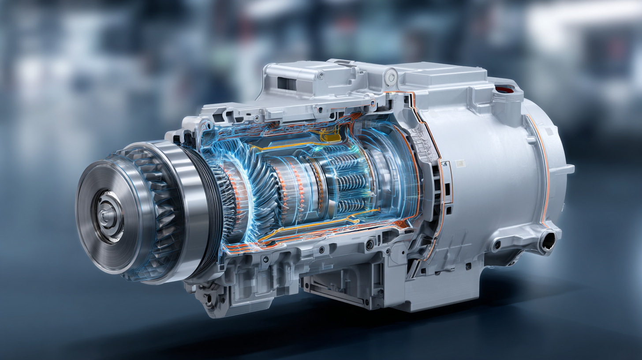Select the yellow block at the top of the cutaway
click(x=330, y=135)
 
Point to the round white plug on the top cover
click(x=389, y=78)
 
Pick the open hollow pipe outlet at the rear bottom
click(x=547, y=241)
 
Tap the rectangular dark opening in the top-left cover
click(x=286, y=83)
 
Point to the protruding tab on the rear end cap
click(x=568, y=169)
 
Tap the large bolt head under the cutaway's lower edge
click(x=370, y=244)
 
